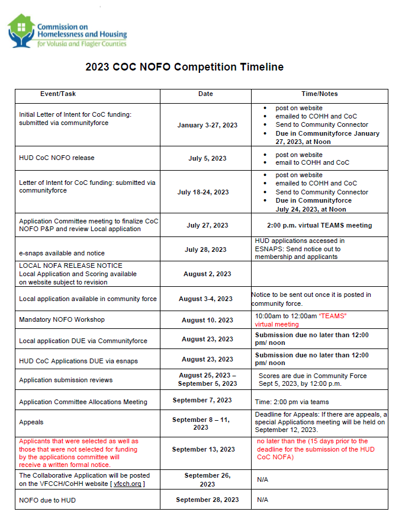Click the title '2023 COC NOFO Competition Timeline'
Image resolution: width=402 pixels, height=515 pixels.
(x=184, y=67)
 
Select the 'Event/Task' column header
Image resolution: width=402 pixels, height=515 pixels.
(x=58, y=94)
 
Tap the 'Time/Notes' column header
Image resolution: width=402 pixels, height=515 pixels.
(x=320, y=94)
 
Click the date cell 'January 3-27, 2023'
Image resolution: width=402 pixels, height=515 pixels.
(x=207, y=125)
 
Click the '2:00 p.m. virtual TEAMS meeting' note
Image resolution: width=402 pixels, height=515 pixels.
(x=320, y=225)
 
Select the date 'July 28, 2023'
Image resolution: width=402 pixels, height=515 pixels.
(x=205, y=249)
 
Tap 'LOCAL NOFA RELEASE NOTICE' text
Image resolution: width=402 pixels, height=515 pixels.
(x=71, y=266)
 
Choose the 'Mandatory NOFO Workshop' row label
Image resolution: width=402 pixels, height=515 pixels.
(x=62, y=319)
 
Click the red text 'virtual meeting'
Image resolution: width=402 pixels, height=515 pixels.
(x=277, y=324)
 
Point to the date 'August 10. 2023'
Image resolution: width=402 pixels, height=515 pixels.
(x=207, y=320)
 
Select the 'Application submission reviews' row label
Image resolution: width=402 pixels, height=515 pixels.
(x=66, y=380)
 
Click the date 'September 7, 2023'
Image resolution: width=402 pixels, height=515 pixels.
(x=202, y=400)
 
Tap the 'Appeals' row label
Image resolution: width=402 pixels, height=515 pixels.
(x=31, y=423)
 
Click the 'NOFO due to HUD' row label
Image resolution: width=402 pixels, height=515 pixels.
(x=47, y=500)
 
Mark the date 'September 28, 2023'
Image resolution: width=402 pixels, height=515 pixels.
(x=207, y=500)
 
